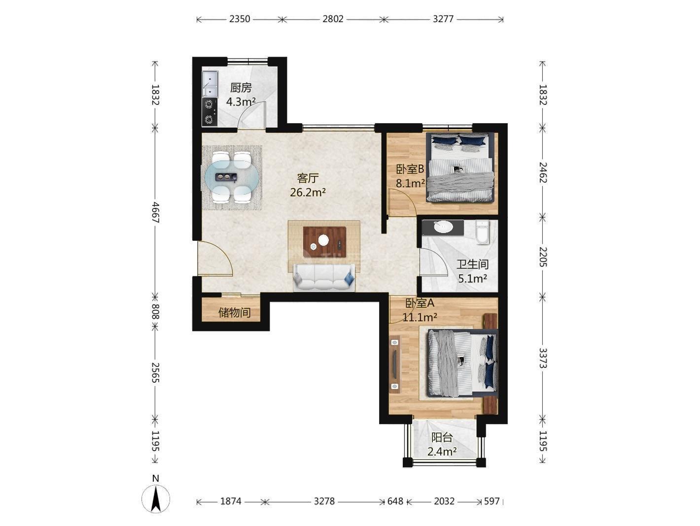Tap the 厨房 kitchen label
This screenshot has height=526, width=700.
tap(241, 88)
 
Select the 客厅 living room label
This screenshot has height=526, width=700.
tap(308, 178)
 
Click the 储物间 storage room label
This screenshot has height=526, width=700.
tap(234, 313)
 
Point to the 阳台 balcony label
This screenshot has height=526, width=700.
tap(442, 437)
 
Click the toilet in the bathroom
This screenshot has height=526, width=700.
tap(482, 232)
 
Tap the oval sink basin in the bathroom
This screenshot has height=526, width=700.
tap(443, 227)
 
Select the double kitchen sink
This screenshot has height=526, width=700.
tap(210, 83)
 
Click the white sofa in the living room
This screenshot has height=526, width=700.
tap(324, 277)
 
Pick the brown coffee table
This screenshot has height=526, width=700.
tap(324, 242)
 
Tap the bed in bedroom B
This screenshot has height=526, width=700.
tap(460, 167)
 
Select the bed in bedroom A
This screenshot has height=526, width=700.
tap(462, 363)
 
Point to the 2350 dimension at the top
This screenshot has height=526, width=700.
tap(240, 19)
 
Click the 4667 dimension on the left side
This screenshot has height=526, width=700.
tap(155, 212)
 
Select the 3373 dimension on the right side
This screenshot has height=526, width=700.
tap(542, 358)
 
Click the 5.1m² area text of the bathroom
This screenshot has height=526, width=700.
tap(472, 279)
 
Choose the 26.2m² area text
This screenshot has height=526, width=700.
tap(308, 192)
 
